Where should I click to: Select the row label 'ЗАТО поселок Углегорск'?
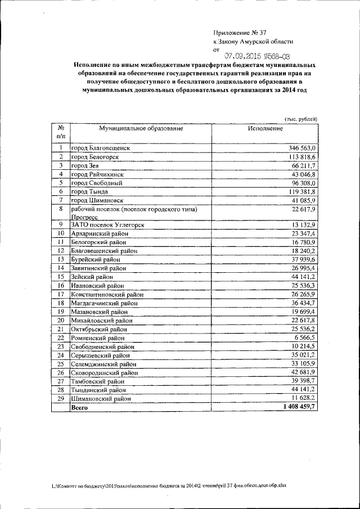(x=108, y=224)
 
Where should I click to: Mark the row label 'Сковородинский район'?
(x=103, y=372)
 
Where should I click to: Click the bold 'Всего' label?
(x=79, y=408)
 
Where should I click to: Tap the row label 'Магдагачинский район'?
(x=105, y=304)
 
